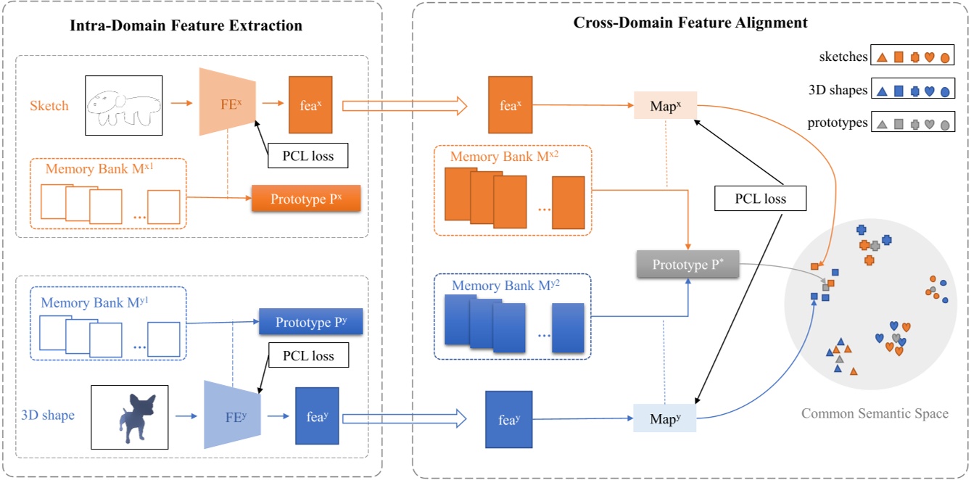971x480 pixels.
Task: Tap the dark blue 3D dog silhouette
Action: [x=129, y=417]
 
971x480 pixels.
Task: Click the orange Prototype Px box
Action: [x=306, y=199]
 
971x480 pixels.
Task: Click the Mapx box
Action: [x=665, y=106]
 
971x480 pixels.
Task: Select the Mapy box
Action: [x=665, y=418]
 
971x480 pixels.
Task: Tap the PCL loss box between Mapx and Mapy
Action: [x=760, y=199]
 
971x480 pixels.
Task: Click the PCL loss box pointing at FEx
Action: [x=307, y=155]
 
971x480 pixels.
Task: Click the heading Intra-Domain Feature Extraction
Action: [x=186, y=26]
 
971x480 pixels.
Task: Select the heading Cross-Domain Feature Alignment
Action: [x=690, y=22]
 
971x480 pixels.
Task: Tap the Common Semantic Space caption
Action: [x=875, y=414]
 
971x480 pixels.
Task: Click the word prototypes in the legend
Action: [x=838, y=123]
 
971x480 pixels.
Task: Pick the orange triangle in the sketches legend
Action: [x=883, y=57]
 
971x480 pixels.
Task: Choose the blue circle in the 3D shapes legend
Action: [x=945, y=91]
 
